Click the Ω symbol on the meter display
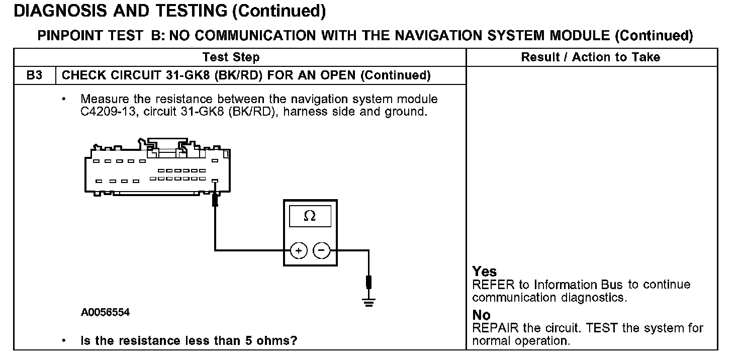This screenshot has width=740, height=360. coord(310,216)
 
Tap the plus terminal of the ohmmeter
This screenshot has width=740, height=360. coord(299,250)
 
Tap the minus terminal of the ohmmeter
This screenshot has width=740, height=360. coord(322,250)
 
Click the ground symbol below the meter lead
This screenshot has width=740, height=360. coord(369,302)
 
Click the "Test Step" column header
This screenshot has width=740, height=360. coord(231,57)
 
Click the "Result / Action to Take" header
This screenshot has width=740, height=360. coord(591,57)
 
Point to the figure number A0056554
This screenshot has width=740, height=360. coord(105,312)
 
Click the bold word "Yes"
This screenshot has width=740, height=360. coord(485,272)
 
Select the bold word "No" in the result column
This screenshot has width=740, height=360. coord(481,315)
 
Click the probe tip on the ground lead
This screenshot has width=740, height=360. coord(369,282)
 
